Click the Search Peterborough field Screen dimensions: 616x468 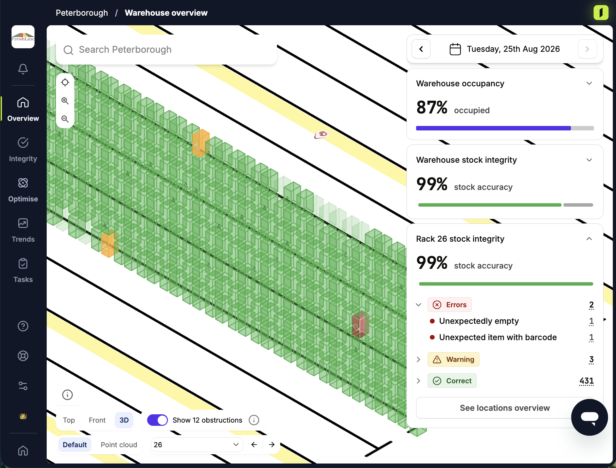click(166, 50)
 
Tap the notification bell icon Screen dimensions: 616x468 click(23, 69)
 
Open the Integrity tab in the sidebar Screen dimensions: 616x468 click(23, 150)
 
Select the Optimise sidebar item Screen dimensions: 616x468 click(23, 190)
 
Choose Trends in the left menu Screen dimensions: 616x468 click(23, 230)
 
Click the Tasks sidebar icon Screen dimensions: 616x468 click(23, 270)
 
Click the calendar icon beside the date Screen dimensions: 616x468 click(455, 49)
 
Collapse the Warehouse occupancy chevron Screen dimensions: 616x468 click(589, 83)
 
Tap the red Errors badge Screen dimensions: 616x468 click(449, 305)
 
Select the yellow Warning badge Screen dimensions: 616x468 click(453, 359)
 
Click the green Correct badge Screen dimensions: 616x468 click(452, 381)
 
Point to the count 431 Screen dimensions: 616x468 click(587, 381)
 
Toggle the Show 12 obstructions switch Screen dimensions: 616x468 click(157, 420)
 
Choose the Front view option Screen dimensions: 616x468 click(97, 420)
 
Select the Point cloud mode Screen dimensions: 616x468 click(119, 445)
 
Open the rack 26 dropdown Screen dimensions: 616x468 click(197, 445)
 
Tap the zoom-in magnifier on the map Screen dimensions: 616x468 click(65, 101)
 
